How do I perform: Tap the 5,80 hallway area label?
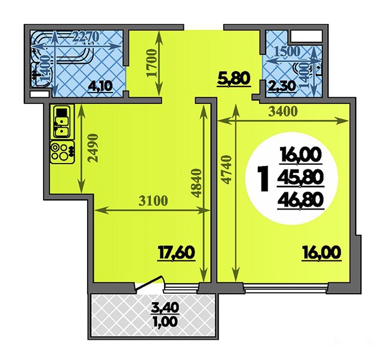234,79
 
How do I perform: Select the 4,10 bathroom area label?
100,86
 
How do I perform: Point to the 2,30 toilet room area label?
282,85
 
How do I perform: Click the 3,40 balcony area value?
165,308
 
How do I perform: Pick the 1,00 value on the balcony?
165,322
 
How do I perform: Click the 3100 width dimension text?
153,201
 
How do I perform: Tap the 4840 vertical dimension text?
196,183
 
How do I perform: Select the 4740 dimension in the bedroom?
226,170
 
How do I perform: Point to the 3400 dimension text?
283,112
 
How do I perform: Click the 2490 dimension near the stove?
93,147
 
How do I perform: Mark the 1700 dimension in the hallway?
152,63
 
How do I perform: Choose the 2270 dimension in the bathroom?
86,37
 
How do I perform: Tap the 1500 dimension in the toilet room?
287,51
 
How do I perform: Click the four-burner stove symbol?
62,152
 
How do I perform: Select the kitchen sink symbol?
61,122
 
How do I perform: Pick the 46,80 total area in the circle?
301,200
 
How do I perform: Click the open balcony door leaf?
149,283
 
